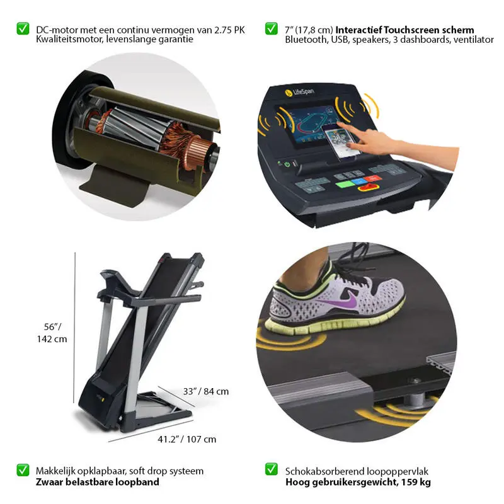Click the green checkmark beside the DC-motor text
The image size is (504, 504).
coord(23,28)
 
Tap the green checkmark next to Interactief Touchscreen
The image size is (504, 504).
coord(272,28)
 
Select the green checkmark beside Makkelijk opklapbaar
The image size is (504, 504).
coord(23,470)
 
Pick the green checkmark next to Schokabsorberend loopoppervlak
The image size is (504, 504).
coord(272,469)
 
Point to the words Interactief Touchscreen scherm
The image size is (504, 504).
coord(404,30)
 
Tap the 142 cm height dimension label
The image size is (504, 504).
coord(52,339)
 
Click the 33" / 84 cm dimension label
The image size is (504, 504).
coord(206,391)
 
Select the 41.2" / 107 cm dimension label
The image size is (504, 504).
coord(186,439)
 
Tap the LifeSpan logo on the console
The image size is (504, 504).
coord(299,92)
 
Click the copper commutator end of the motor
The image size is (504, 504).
coord(198,152)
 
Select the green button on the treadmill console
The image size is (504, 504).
coord(345,185)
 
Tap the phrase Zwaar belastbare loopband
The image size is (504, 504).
coord(98,482)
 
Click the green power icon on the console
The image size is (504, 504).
coord(287,164)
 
